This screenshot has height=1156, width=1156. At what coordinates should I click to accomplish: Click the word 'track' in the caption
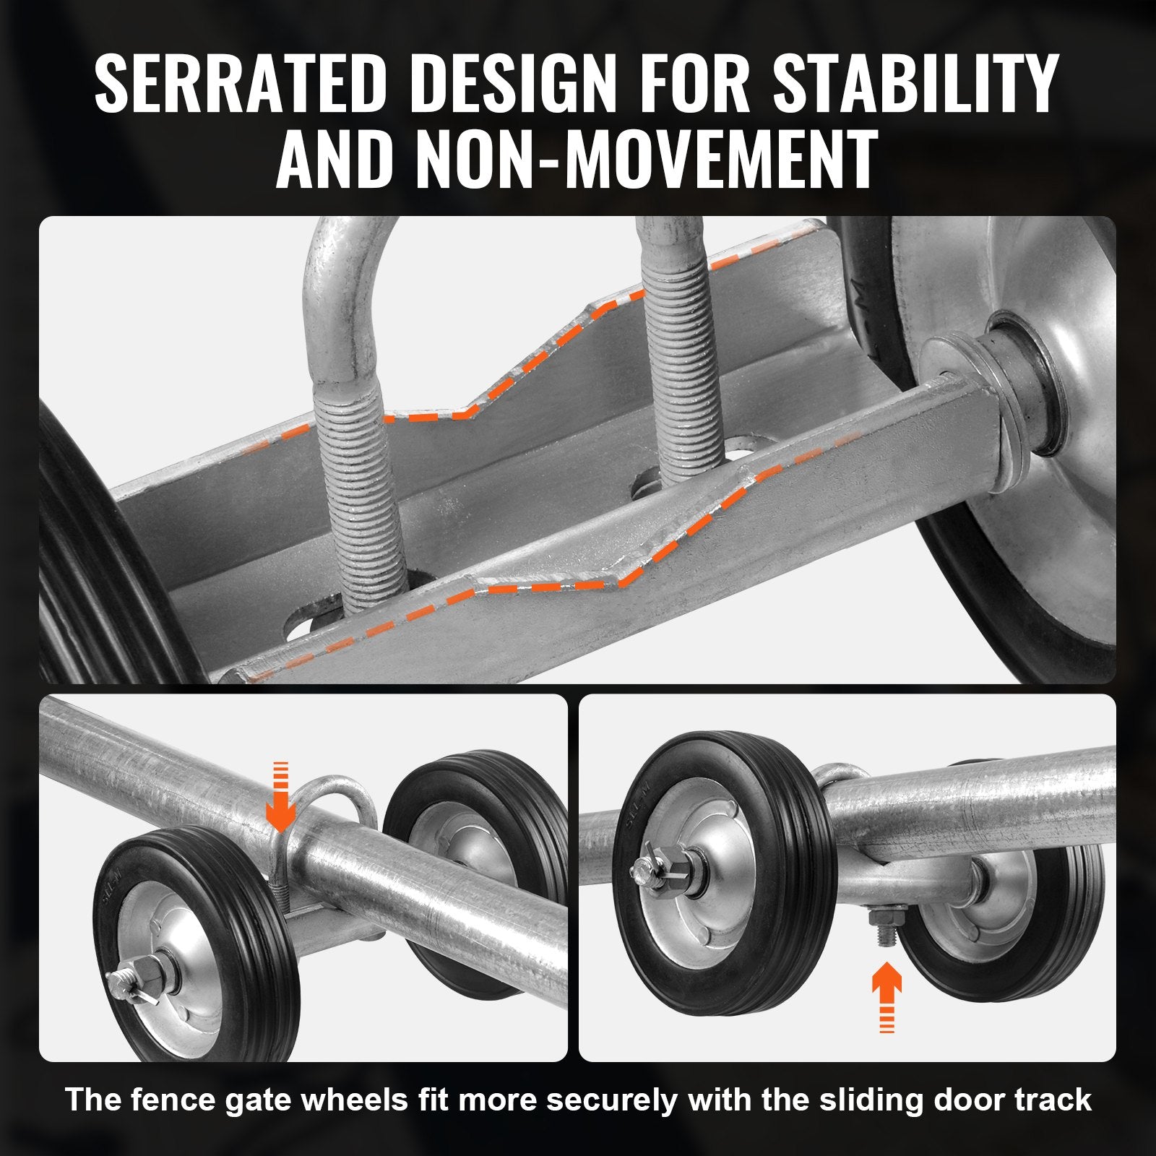[x=1058, y=1100]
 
